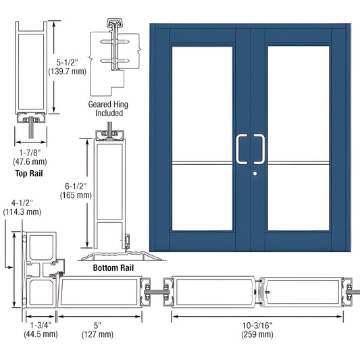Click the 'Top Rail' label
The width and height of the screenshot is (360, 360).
coord(30,174)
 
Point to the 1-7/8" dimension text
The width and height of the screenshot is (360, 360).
coord(30,152)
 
